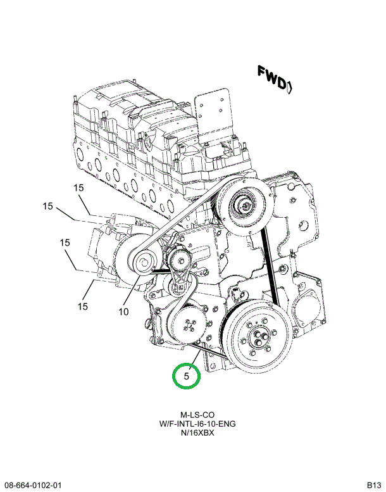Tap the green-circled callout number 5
coord(187,377)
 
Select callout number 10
coord(123,312)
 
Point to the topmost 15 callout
coord(78,187)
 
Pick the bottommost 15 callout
coord(82,307)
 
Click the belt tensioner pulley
coord(180,258)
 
